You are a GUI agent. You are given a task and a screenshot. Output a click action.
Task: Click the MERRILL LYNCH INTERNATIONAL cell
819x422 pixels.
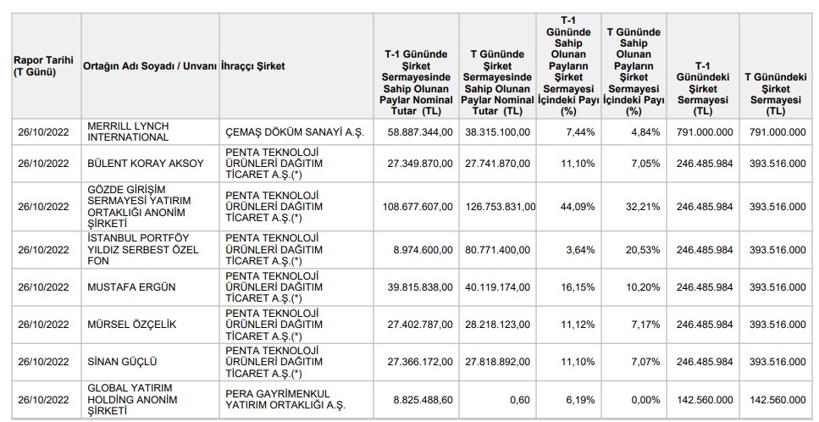(128, 132)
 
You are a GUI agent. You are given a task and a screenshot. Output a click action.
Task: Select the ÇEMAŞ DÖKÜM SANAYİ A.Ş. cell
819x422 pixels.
(295, 132)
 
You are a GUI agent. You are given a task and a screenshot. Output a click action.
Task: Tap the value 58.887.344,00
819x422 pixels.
(420, 132)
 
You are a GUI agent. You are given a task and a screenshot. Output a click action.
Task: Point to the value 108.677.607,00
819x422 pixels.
(418, 207)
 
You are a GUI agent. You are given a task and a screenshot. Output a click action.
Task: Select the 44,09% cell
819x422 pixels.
(580, 207)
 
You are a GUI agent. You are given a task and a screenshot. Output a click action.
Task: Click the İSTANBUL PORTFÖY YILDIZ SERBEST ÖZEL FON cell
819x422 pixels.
(143, 250)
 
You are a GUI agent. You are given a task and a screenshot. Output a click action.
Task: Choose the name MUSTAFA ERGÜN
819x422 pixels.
(131, 287)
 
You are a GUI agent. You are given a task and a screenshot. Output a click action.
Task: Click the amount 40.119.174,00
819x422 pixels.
(498, 287)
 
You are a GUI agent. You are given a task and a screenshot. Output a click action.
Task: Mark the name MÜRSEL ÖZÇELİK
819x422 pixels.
(132, 325)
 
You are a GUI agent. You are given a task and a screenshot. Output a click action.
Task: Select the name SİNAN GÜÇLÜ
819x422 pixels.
(122, 362)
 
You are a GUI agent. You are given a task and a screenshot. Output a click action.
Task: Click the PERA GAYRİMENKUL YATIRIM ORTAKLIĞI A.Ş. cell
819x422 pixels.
(285, 399)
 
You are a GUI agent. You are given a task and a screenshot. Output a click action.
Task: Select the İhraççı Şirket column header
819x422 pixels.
(253, 66)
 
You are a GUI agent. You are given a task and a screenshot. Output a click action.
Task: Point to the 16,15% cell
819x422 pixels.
(580, 287)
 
